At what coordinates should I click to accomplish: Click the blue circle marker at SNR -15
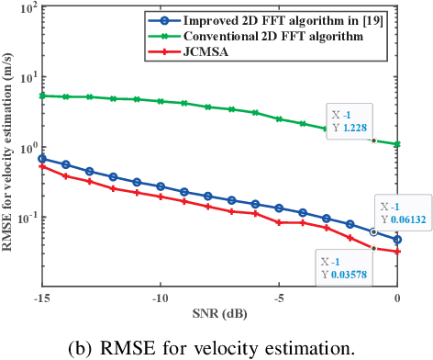point(41,159)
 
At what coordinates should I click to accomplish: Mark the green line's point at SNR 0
point(397,144)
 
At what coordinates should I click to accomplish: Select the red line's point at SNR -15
point(41,166)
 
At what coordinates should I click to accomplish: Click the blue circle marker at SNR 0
point(397,239)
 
